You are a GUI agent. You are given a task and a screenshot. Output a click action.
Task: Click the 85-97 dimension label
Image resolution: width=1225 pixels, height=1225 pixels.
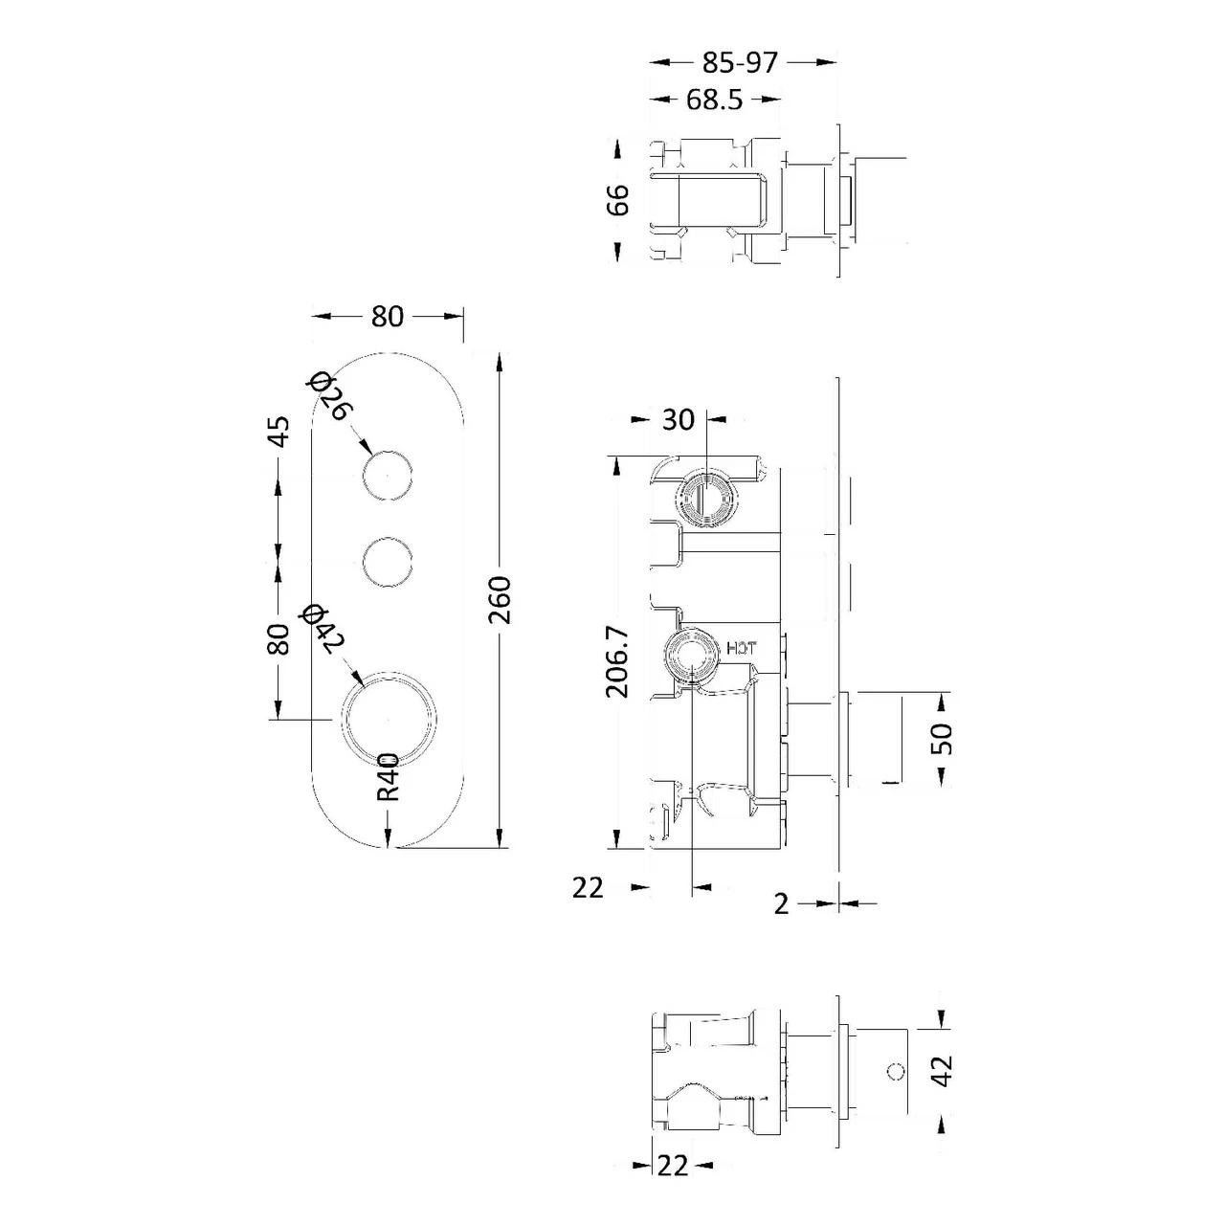[x=740, y=62]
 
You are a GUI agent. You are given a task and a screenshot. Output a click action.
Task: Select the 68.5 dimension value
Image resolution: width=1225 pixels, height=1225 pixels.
[x=715, y=99]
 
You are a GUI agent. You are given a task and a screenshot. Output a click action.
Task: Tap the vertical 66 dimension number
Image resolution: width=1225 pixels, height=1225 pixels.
[x=619, y=199]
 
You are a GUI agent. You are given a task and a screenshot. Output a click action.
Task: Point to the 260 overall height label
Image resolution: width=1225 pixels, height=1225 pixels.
[x=501, y=600]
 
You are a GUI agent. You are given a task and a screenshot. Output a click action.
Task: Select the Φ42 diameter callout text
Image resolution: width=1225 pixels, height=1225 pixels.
[x=317, y=630]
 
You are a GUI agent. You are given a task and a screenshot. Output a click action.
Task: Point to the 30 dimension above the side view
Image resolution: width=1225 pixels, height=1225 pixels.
[x=678, y=419]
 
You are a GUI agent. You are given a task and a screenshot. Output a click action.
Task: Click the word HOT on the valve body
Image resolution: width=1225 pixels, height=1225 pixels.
[x=742, y=648]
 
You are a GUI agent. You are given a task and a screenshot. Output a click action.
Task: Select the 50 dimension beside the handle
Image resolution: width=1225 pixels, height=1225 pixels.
[x=943, y=738]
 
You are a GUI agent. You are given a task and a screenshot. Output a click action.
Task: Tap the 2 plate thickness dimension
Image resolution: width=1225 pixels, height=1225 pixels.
[x=782, y=903]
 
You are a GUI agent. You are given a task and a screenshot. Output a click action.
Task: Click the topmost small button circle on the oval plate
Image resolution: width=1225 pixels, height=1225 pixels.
[x=389, y=475]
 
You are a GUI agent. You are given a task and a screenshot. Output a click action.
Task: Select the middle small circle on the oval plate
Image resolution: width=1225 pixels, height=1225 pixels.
[x=389, y=561]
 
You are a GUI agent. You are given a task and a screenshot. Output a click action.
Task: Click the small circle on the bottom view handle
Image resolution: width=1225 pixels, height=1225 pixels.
[x=896, y=1072]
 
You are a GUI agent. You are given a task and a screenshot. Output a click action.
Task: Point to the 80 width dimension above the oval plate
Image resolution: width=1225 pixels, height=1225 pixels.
[x=388, y=316]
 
